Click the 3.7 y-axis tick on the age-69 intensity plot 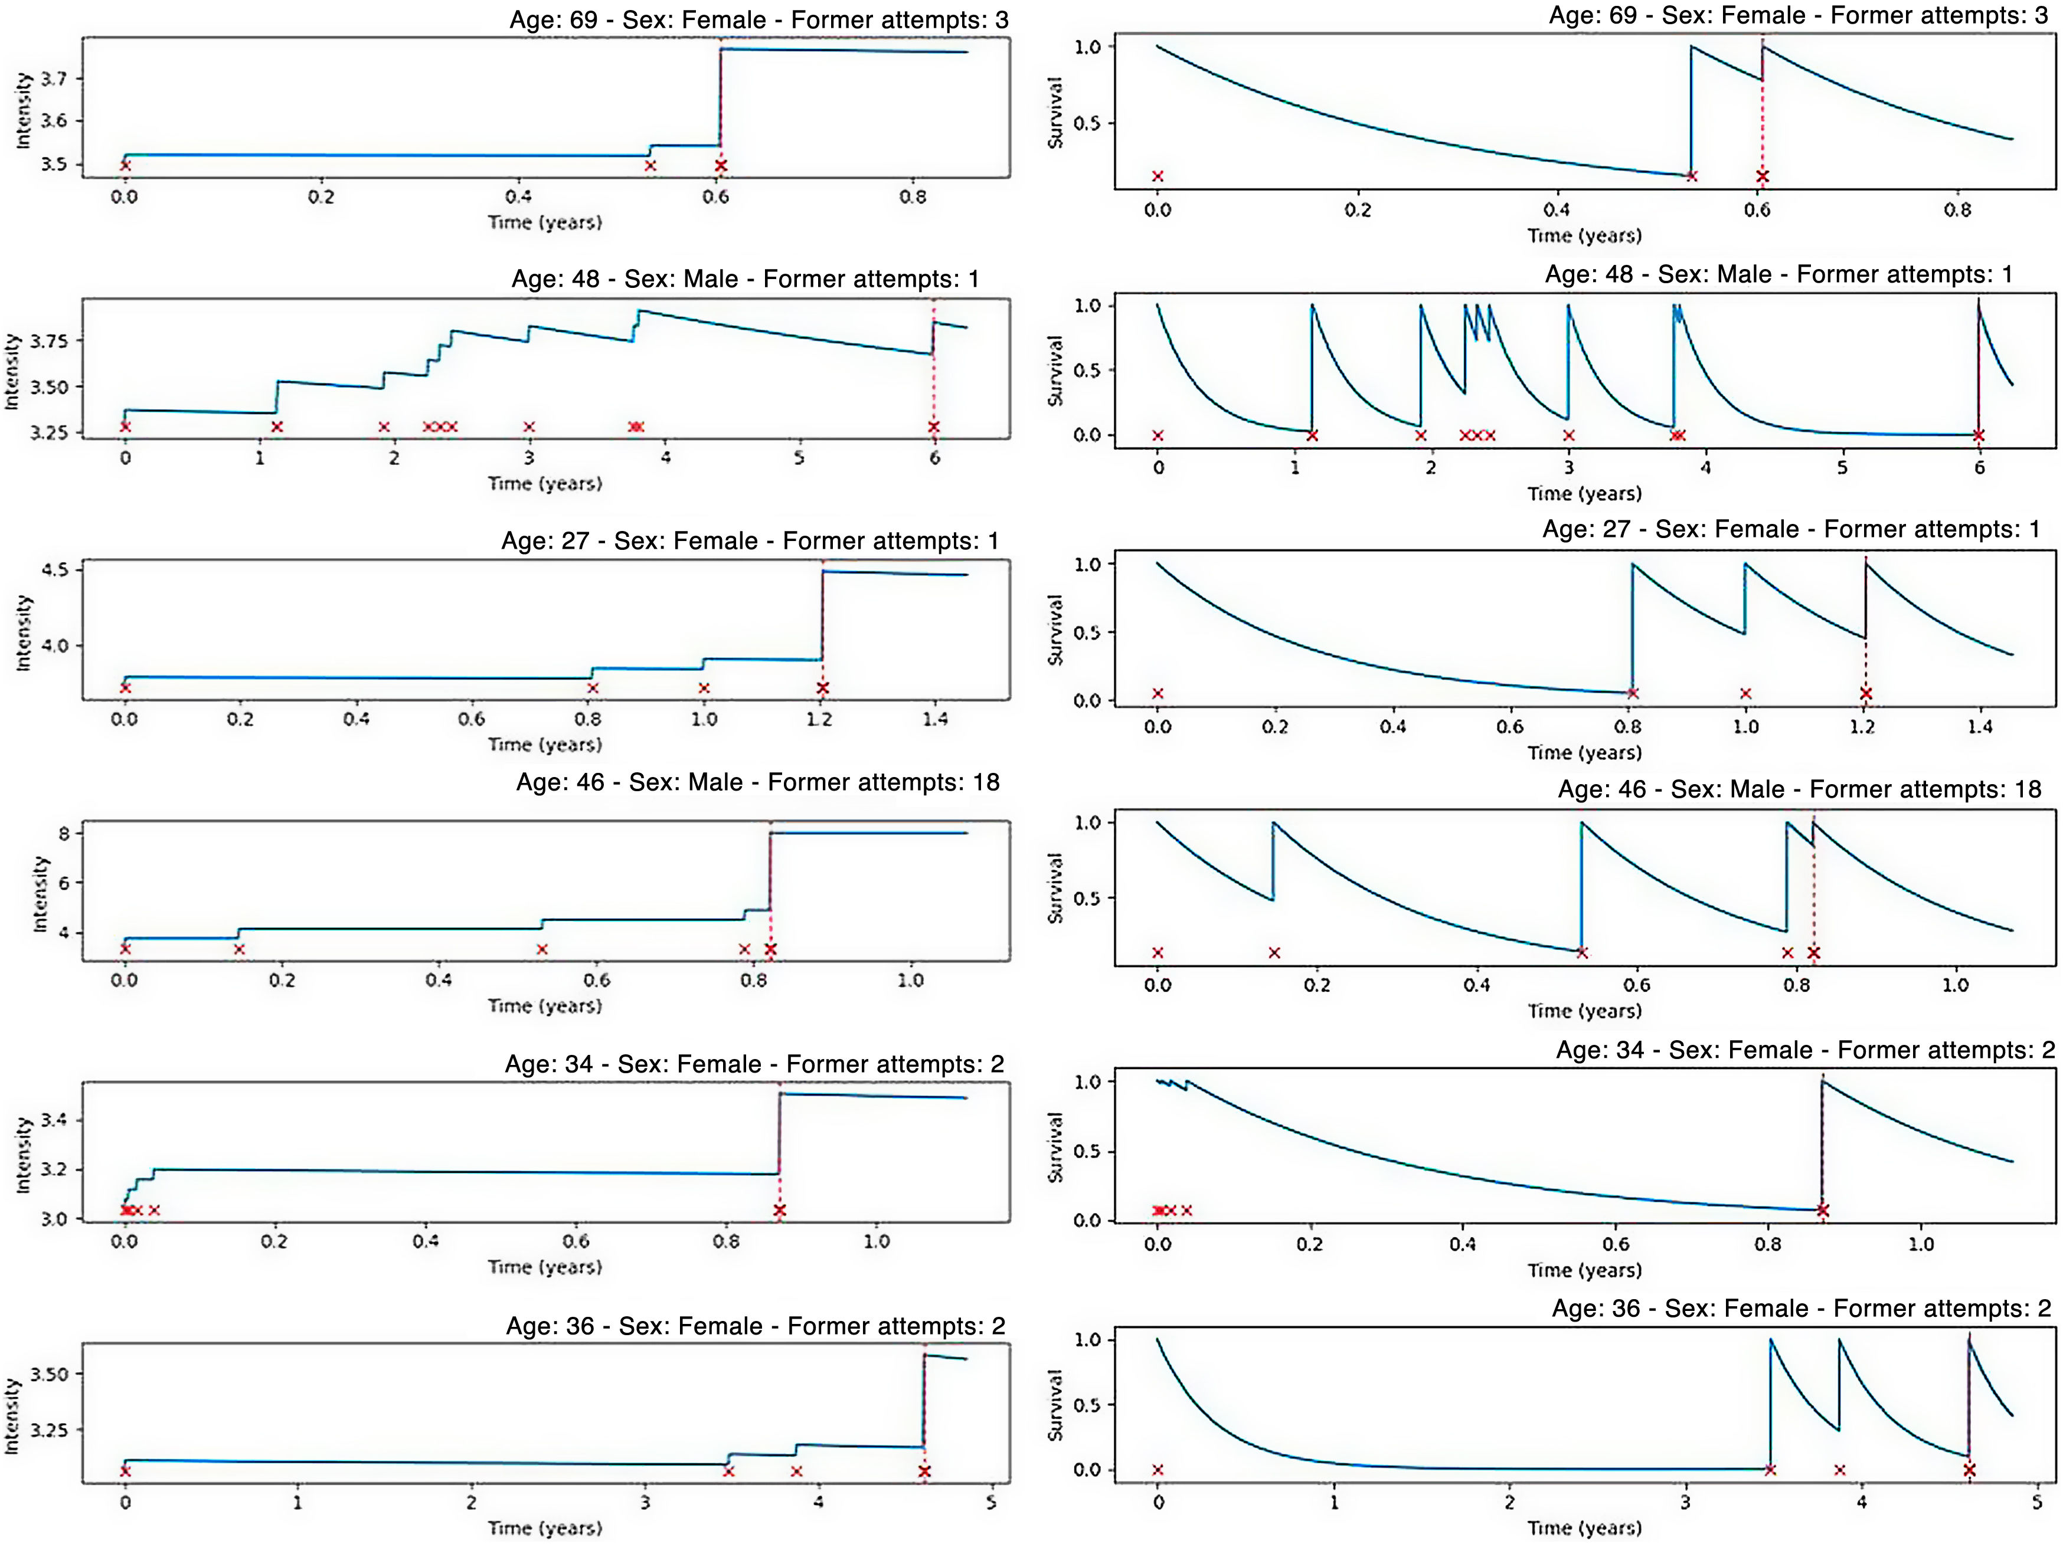click(x=54, y=78)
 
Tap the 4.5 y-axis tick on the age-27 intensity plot click(x=54, y=570)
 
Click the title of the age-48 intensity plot click(x=744, y=279)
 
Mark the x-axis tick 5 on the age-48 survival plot click(x=1842, y=467)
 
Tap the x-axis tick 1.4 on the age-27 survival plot click(x=1980, y=726)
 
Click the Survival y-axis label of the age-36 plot click(x=1055, y=1405)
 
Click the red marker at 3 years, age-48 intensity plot click(x=529, y=427)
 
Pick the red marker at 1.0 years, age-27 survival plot click(x=1745, y=694)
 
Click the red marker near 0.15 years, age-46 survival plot click(x=1274, y=953)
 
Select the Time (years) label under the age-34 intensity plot click(x=545, y=1267)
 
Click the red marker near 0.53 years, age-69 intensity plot click(x=650, y=166)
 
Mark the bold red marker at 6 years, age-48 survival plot click(x=1978, y=435)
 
